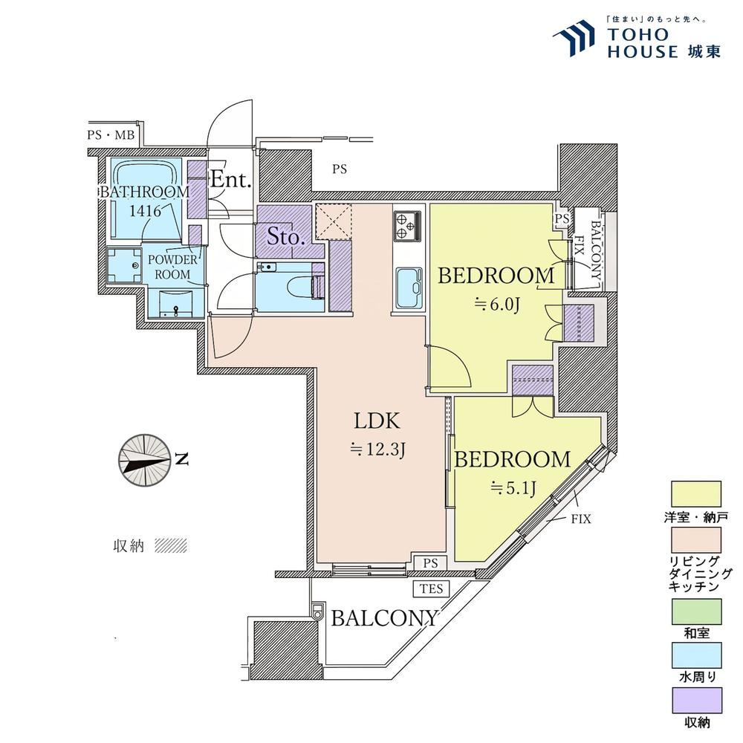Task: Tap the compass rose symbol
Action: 144,461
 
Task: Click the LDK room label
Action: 377,421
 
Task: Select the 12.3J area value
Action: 377,449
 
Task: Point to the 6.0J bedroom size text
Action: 497,304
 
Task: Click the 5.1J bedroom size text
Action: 513,487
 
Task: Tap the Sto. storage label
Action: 285,236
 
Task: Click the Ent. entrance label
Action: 230,180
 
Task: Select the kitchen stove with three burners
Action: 407,226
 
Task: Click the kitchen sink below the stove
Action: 409,288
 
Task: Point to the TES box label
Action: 431,589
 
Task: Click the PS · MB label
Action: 111,135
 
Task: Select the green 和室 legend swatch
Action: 697,611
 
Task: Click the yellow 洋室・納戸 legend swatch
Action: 697,494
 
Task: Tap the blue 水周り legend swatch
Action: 697,655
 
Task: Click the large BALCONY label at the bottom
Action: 384,618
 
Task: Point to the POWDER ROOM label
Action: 172,267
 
